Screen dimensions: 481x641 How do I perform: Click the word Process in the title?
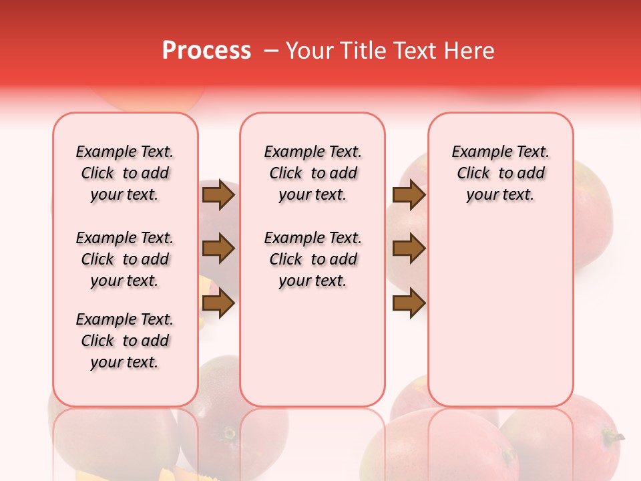coord(206,51)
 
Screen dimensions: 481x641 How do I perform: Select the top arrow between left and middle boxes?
coord(218,195)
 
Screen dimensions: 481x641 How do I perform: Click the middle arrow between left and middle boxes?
coord(218,249)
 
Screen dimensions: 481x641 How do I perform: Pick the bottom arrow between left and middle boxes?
coord(218,304)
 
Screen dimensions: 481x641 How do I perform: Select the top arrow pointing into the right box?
coord(409,195)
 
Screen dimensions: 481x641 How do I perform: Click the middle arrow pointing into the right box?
coord(409,249)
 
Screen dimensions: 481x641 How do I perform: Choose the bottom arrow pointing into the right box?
coord(409,304)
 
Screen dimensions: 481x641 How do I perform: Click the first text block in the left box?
coord(125,173)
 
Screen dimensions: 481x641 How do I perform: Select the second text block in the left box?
coord(125,259)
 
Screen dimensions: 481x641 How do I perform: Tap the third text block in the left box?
coord(125,341)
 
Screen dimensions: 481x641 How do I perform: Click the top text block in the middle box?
coord(312,173)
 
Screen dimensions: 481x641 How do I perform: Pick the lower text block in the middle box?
coord(312,259)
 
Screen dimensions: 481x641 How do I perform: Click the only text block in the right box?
coord(500,173)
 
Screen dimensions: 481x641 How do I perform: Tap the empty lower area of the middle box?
coord(312,347)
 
